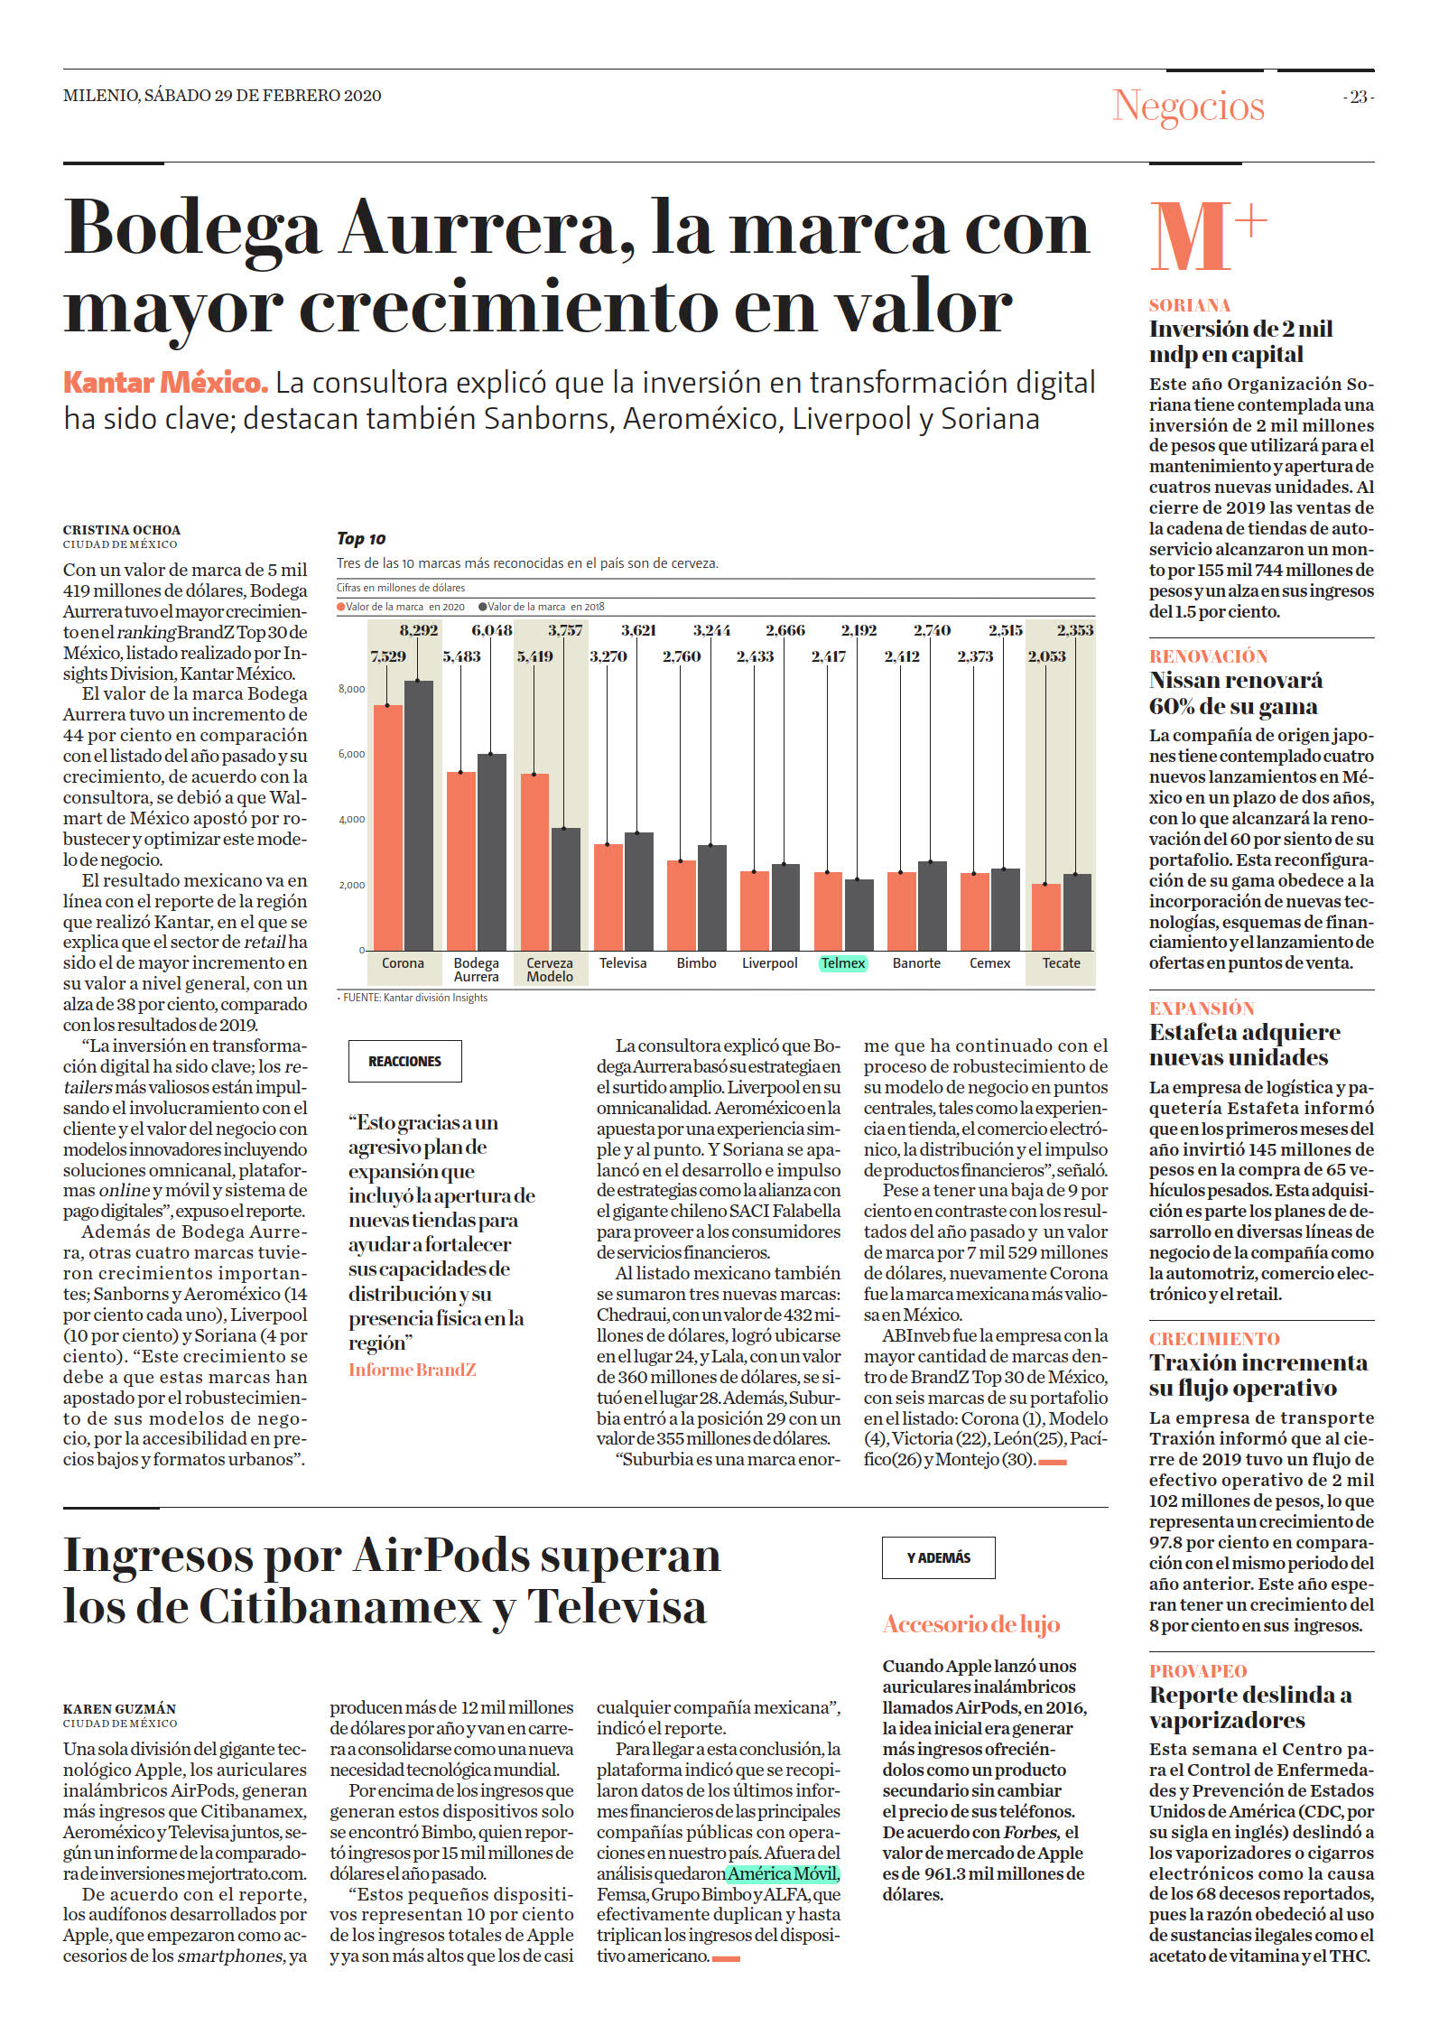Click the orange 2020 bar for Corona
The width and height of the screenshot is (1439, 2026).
click(x=388, y=827)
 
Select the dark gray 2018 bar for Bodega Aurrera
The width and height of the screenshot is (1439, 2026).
click(x=492, y=851)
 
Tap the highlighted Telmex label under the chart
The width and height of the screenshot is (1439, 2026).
click(x=843, y=963)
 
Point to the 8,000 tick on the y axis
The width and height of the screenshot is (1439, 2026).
click(x=351, y=689)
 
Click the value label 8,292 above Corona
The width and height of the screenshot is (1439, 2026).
click(x=419, y=630)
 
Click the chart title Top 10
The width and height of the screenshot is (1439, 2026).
click(x=361, y=539)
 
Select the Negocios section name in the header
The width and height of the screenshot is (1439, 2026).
click(x=1189, y=107)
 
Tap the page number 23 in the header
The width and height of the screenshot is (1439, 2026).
click(x=1359, y=97)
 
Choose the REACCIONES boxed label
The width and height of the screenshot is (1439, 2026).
click(x=405, y=1061)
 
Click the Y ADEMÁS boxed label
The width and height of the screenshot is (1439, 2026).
click(x=939, y=1557)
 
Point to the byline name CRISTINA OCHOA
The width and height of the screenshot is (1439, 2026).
click(x=122, y=530)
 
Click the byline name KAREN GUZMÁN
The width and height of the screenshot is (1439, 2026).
click(x=120, y=1708)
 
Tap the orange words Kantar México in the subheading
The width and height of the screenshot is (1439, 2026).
click(x=166, y=383)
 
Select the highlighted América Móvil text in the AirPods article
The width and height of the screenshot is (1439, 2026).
click(x=784, y=1873)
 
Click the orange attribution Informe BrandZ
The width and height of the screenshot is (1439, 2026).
click(x=413, y=1370)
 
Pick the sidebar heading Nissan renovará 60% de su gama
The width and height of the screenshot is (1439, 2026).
click(x=1235, y=693)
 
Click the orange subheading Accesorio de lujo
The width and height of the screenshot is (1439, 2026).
click(x=971, y=1624)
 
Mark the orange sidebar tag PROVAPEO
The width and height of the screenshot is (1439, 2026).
click(x=1198, y=1670)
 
